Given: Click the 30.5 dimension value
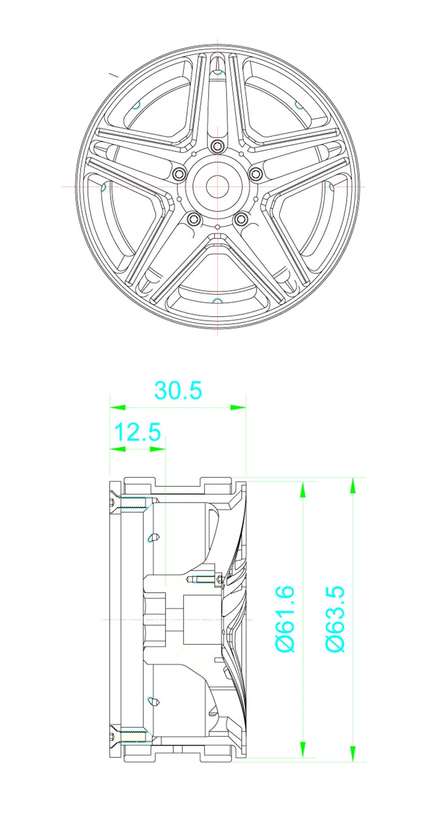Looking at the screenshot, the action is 179,391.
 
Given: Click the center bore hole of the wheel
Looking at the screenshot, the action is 217,187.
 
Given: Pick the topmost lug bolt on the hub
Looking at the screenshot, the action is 218,145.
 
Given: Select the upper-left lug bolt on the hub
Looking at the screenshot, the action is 179,173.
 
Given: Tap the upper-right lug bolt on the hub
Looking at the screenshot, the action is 255,173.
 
